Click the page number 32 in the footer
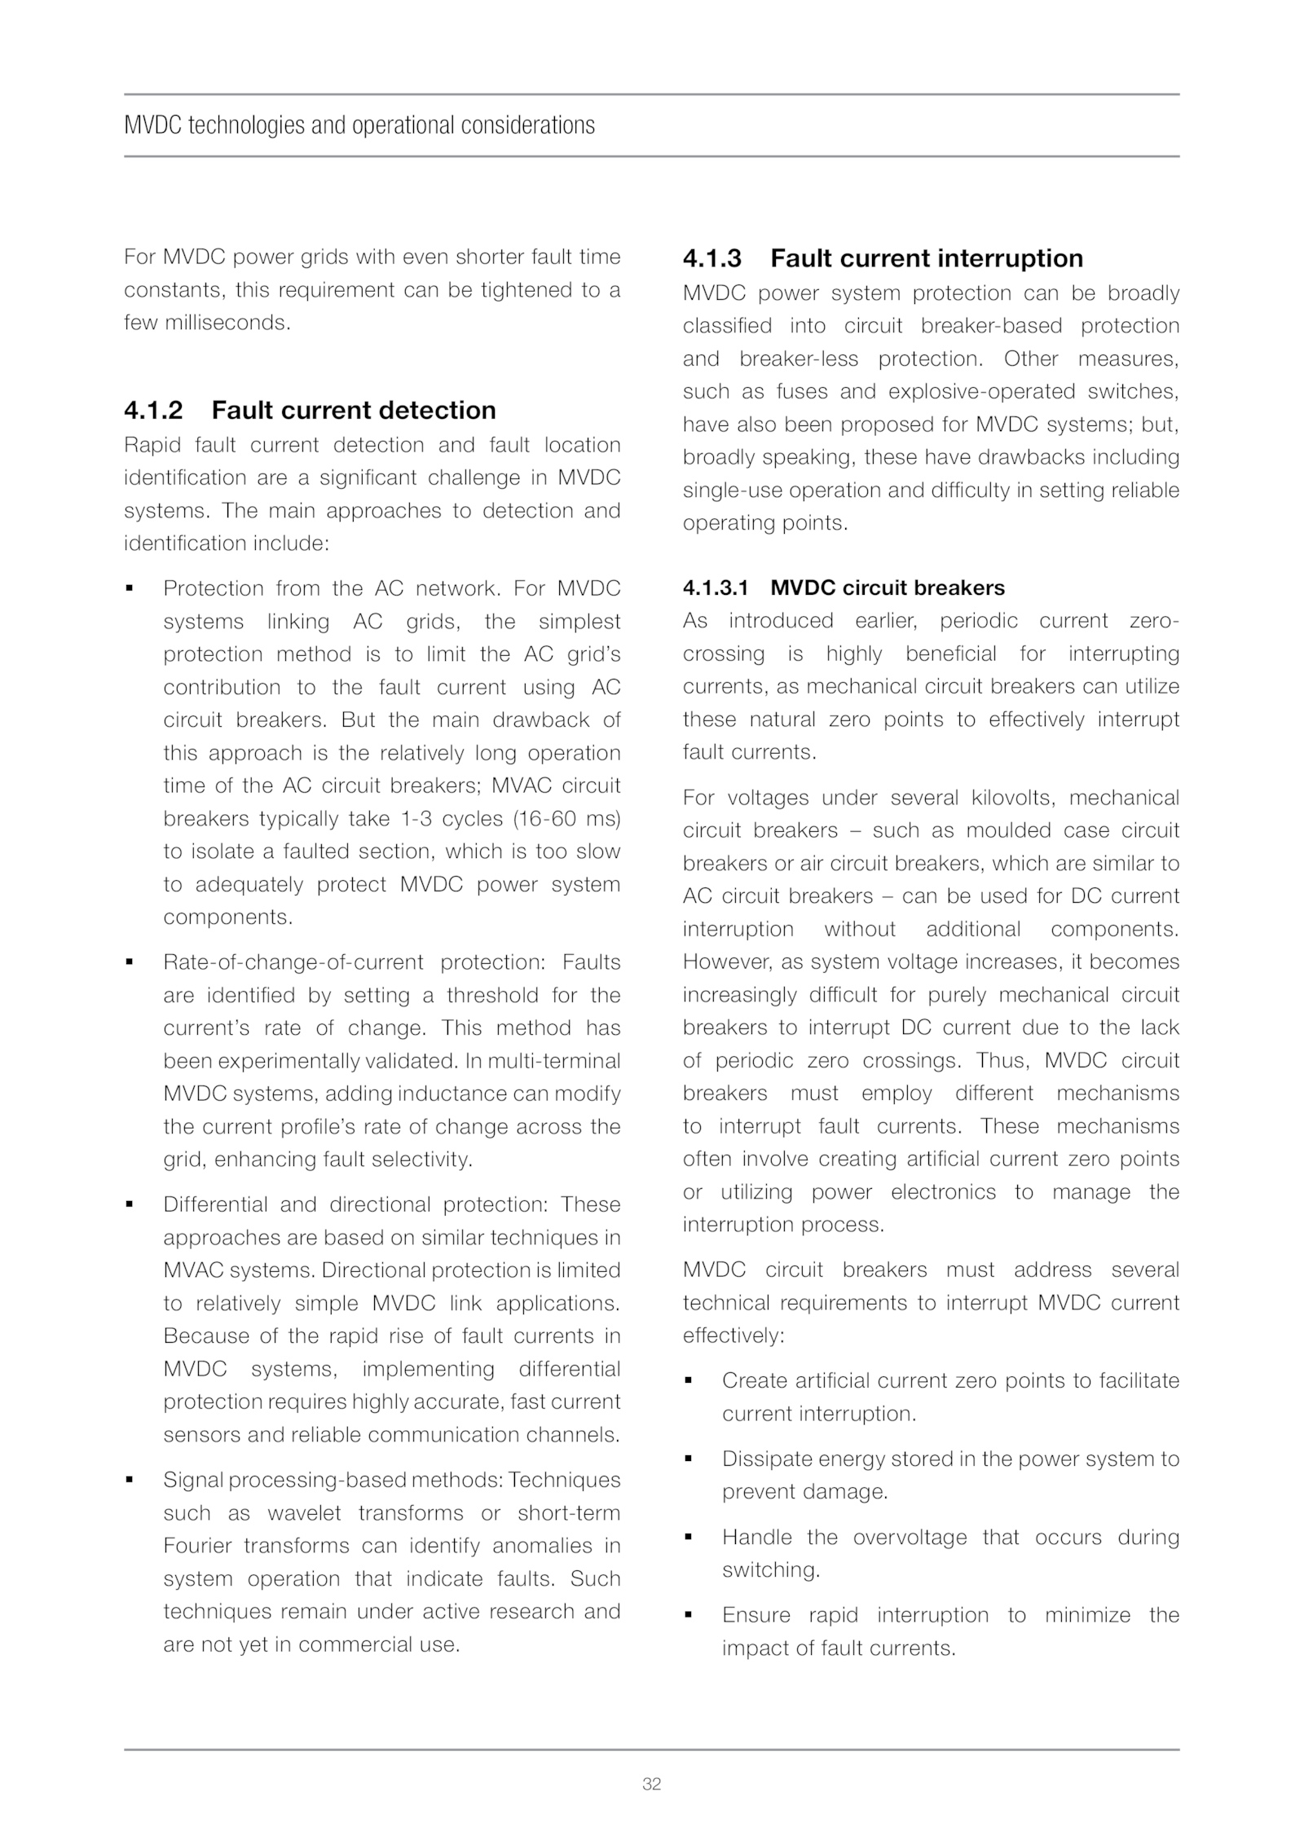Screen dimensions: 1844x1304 [x=651, y=1784]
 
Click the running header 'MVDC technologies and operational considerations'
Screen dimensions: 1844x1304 [x=359, y=125]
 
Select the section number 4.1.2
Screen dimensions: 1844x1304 [x=153, y=410]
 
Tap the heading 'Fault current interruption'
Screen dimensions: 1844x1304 [x=927, y=258]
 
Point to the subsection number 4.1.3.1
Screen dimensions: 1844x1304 [x=715, y=588]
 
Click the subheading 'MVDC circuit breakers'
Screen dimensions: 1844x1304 [x=888, y=588]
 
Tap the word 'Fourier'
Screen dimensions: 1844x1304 [x=199, y=1546]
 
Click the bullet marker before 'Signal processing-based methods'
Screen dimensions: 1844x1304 [x=129, y=1479]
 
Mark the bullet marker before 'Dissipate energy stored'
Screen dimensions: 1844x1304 [x=688, y=1458]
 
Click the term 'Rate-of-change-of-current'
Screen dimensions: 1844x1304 [x=293, y=962]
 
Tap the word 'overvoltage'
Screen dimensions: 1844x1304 [x=910, y=1537]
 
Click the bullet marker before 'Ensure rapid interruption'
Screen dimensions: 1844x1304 [x=688, y=1614]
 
